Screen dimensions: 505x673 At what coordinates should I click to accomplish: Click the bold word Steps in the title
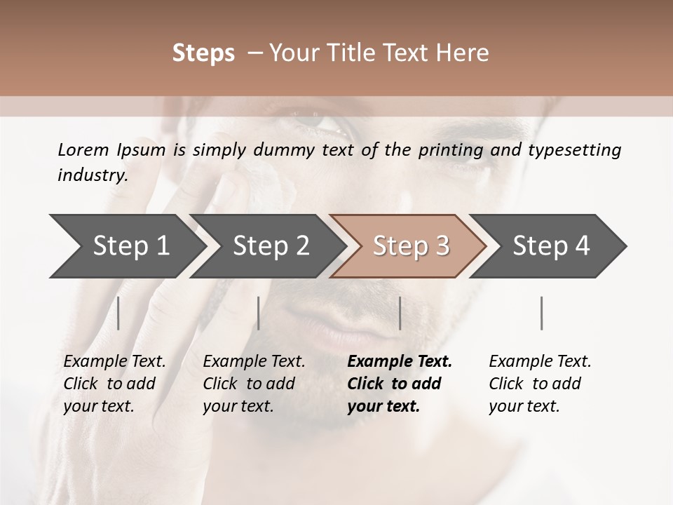coord(203,53)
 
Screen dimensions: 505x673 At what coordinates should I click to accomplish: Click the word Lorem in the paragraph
coord(83,149)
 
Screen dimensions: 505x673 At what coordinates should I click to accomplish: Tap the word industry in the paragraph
coord(93,175)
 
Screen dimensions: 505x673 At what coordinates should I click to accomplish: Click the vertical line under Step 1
coord(118,313)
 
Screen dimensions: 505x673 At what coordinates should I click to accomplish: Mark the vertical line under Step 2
coord(259,313)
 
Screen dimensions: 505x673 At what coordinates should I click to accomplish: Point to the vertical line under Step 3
coord(400,313)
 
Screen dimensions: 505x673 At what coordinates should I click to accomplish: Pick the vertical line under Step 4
coord(541,313)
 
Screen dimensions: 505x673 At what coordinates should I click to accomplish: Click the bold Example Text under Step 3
coord(400,362)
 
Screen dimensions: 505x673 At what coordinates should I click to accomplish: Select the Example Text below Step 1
coord(114,362)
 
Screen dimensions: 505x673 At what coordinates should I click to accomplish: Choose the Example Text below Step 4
coord(540,362)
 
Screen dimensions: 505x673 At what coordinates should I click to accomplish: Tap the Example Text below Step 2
coord(254,362)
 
